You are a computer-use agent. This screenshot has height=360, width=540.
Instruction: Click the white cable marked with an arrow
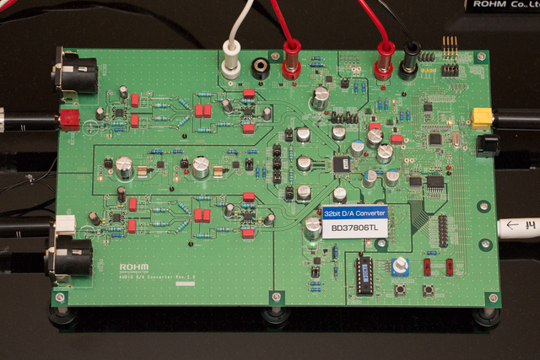pyautogui.click(x=519, y=227)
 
